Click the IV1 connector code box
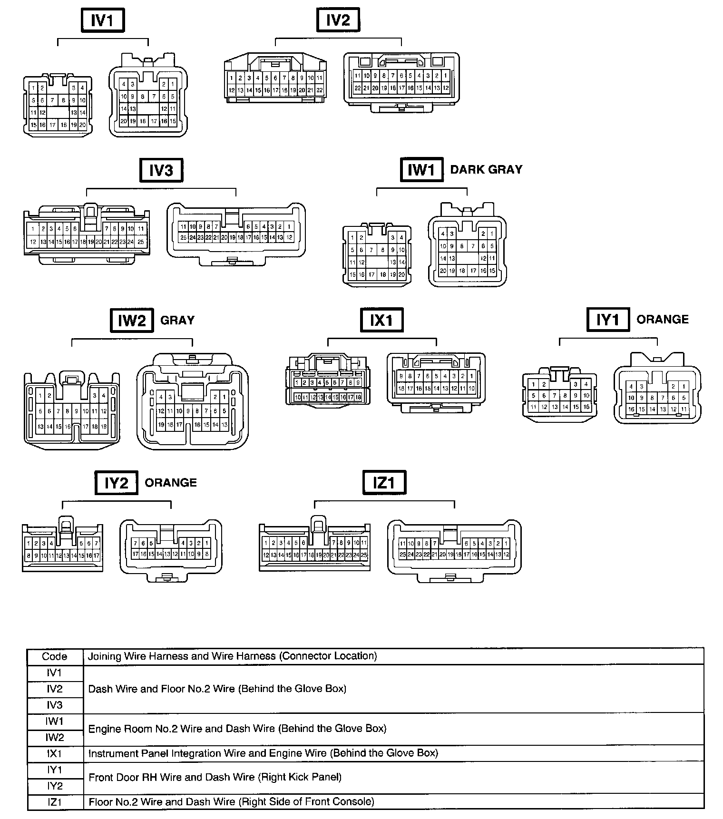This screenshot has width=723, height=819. pyautogui.click(x=102, y=21)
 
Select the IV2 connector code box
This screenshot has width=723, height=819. pyautogui.click(x=338, y=21)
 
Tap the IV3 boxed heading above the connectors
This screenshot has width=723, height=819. pyautogui.click(x=161, y=170)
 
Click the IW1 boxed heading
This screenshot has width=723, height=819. pyautogui.click(x=421, y=170)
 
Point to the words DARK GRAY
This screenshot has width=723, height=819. pyautogui.click(x=486, y=170)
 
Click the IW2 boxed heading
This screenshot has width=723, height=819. pyautogui.click(x=131, y=321)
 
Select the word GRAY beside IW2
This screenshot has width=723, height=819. pyautogui.click(x=177, y=320)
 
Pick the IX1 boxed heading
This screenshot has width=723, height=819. pyautogui.click(x=381, y=320)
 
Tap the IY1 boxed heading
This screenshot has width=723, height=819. pyautogui.click(x=608, y=320)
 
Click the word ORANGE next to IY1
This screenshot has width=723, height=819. pyautogui.click(x=662, y=319)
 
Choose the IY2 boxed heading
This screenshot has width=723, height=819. pyautogui.click(x=116, y=483)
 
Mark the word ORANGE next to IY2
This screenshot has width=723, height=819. pyautogui.click(x=170, y=483)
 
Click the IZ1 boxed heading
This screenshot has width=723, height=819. pyautogui.click(x=383, y=483)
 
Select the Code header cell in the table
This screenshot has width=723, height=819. pyautogui.click(x=55, y=657)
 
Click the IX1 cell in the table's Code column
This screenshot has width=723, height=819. pyautogui.click(x=55, y=754)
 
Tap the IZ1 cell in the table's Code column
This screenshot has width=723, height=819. pyautogui.click(x=55, y=802)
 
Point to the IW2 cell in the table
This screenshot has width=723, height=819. pyautogui.click(x=55, y=738)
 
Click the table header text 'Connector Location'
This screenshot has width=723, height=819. pyautogui.click(x=328, y=656)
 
